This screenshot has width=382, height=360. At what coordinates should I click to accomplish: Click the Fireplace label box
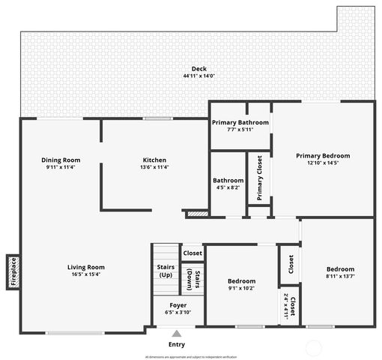point(13,271)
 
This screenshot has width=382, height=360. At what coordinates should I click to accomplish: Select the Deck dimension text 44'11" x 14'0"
point(198,76)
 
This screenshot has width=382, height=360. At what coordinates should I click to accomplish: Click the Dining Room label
point(61,160)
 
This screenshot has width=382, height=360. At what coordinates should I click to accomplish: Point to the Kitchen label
point(154,160)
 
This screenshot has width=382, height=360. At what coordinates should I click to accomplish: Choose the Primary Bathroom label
point(240,122)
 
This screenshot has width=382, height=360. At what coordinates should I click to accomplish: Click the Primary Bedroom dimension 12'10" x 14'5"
point(323,163)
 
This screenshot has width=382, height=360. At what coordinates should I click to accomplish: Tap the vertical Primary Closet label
point(259,178)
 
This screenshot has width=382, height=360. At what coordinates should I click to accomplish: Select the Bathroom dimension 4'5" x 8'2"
point(228,187)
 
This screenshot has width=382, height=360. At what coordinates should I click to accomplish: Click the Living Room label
point(86,267)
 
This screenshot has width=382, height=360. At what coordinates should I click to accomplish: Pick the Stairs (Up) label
point(166,271)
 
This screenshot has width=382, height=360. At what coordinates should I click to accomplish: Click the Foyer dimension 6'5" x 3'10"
point(178,312)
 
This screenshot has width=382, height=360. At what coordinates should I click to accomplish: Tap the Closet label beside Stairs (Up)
point(192,253)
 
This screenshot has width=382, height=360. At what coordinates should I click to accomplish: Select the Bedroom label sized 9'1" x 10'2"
point(241,281)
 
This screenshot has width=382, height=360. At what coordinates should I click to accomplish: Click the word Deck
point(198,69)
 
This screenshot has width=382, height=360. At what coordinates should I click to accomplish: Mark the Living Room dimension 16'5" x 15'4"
point(86,274)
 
